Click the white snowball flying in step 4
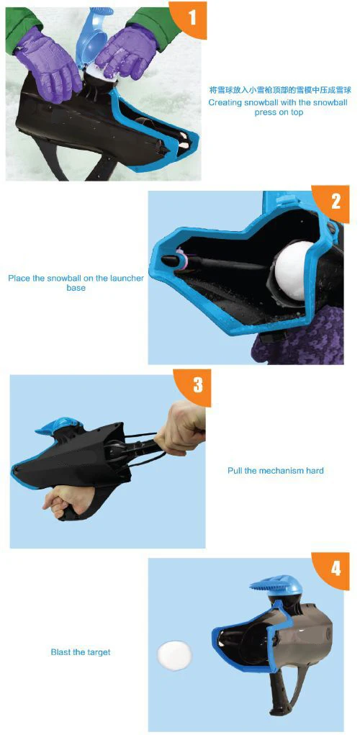174,654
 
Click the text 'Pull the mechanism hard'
276,470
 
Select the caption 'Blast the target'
81,652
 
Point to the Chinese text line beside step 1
279,90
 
